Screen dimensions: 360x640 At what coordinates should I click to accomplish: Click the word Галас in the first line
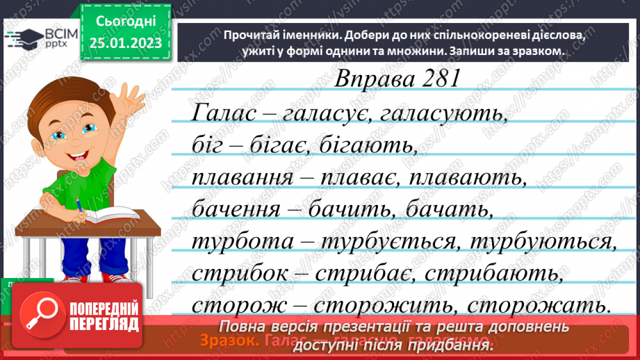220,113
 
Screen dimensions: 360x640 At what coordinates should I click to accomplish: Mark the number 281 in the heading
432,79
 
